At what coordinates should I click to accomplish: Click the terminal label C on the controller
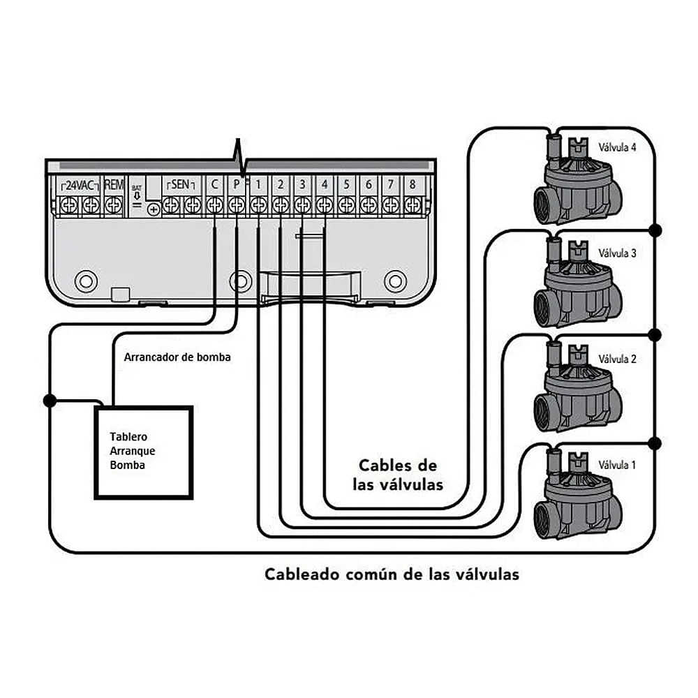pos(214,185)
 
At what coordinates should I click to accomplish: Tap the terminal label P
pos(237,185)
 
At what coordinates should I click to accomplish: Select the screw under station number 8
pos(413,205)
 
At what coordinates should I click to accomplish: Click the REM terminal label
pos(113,185)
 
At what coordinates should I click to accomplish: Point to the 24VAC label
pos(80,185)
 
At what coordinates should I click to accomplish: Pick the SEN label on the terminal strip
pos(181,185)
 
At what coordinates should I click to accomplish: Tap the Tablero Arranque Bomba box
pos(144,452)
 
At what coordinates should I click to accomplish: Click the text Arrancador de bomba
pos(177,357)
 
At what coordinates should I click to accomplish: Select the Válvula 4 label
pos(617,147)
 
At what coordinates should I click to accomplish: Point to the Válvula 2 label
pos(617,359)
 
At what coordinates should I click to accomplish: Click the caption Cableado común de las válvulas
pos(392,574)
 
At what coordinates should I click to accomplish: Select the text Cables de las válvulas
pos(401,475)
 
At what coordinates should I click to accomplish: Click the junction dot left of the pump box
pos(50,401)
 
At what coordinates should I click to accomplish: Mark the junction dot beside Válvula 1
pos(654,443)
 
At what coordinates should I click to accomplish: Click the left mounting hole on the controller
pos(86,281)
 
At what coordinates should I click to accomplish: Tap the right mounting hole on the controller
pos(394,281)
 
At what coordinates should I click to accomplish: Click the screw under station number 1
pos(258,205)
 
